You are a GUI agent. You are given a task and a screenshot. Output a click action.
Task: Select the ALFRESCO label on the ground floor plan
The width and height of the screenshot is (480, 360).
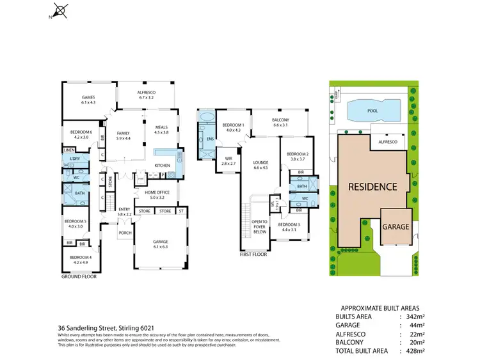pos(147,92)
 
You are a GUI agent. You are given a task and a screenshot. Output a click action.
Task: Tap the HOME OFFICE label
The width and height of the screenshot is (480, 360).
pos(156,192)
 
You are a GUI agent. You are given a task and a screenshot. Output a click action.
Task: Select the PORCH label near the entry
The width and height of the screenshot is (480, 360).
pos(125,233)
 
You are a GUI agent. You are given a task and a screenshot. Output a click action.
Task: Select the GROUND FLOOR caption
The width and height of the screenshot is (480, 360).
pos(79,278)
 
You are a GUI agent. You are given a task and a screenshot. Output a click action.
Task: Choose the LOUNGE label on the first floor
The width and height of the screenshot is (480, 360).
pos(260,162)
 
